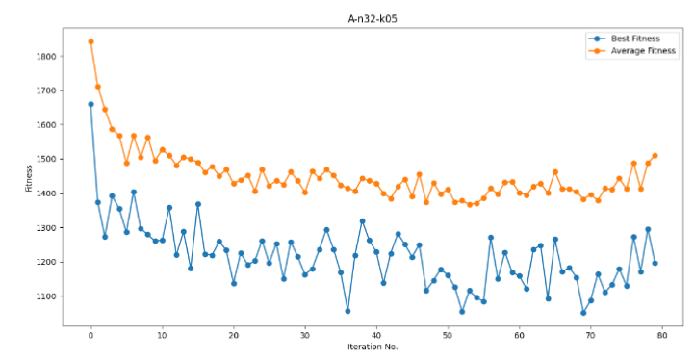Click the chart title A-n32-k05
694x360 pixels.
[x=374, y=18]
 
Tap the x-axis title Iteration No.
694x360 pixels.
[x=373, y=347]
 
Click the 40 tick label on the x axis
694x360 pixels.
[x=376, y=333]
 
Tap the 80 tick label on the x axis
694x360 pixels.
[x=661, y=333]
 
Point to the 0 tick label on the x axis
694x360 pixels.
[x=90, y=333]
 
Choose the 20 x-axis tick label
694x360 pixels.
[x=234, y=333]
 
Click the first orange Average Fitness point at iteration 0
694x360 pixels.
[x=90, y=41]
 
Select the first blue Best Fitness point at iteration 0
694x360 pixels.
[x=90, y=104]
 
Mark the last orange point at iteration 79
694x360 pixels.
[x=655, y=155]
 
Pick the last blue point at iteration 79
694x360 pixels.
[x=655, y=263]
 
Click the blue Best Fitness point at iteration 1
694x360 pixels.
[x=98, y=202]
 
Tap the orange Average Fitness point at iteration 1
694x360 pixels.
[x=98, y=87]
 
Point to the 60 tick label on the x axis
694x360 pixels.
[x=519, y=333]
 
